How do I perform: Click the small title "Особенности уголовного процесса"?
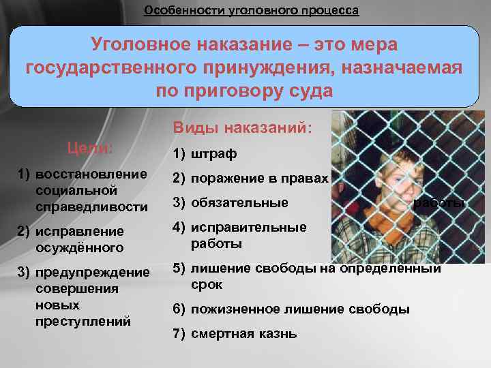click(x=251, y=11)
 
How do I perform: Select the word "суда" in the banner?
click(x=310, y=91)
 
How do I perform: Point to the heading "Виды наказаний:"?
click(x=242, y=128)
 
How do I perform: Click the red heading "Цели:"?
click(x=89, y=148)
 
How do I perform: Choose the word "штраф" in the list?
click(x=213, y=155)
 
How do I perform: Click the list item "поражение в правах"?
click(x=259, y=179)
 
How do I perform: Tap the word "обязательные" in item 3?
click(x=239, y=202)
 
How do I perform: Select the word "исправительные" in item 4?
click(x=248, y=228)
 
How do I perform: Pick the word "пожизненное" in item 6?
click(x=235, y=309)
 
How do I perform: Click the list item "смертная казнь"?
click(x=243, y=334)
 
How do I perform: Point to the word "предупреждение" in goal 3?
click(x=92, y=273)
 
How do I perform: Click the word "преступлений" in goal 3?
click(x=83, y=321)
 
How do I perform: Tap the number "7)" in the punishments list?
click(x=179, y=334)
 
